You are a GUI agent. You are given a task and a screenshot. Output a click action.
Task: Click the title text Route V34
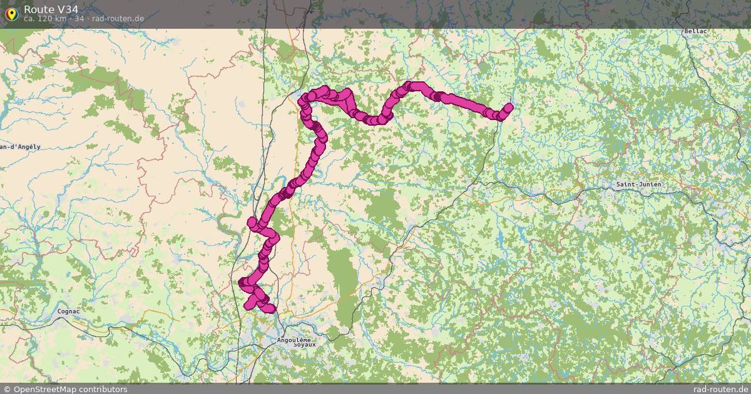(51, 9)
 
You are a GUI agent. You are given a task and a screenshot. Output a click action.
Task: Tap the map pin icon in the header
(11, 14)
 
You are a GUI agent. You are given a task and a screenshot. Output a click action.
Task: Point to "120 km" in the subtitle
(53, 19)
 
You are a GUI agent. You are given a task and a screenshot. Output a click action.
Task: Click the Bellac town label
(695, 31)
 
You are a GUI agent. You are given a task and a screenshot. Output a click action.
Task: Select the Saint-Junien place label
(638, 184)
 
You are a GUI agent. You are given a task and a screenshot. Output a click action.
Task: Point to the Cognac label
(68, 311)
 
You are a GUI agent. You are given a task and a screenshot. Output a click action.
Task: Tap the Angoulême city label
(294, 340)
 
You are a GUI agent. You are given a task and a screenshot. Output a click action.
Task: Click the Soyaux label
(305, 345)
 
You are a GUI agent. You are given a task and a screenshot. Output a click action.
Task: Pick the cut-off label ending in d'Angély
(20, 147)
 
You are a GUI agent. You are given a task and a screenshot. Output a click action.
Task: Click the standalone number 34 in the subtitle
(79, 19)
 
